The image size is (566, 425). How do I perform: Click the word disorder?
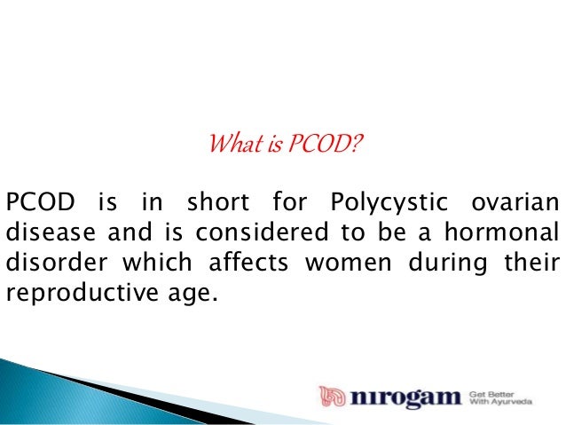(46, 265)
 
